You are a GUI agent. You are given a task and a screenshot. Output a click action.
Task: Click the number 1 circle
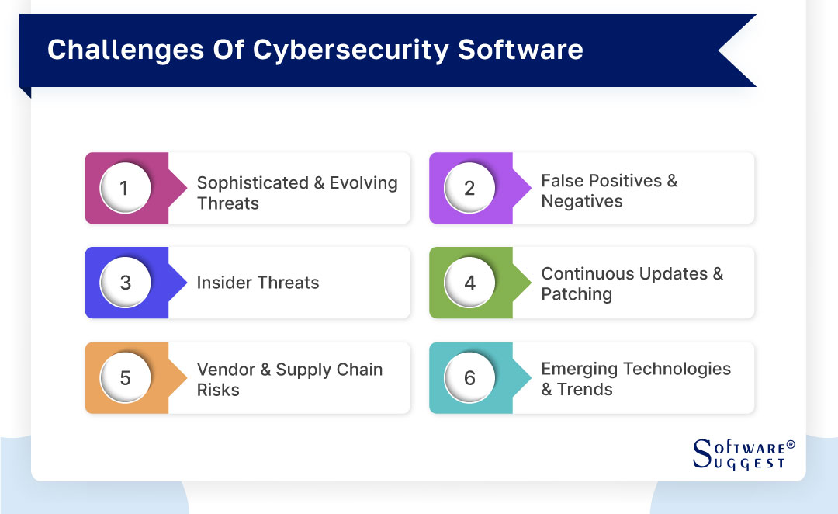click(125, 188)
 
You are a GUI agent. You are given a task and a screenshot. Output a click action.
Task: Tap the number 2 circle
click(469, 188)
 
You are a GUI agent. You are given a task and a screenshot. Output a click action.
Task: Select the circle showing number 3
click(125, 283)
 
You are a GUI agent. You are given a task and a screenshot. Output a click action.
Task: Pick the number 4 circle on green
click(469, 283)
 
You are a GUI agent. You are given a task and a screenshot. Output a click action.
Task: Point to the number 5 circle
click(125, 378)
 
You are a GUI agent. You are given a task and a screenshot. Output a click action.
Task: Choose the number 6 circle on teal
click(469, 378)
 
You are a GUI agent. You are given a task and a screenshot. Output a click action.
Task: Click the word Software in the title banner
click(520, 50)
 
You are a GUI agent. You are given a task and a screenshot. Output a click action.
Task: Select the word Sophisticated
click(252, 183)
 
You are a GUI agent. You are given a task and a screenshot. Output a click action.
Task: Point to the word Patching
click(577, 294)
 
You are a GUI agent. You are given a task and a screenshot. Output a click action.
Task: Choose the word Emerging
click(582, 369)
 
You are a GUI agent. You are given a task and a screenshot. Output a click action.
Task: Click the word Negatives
click(582, 201)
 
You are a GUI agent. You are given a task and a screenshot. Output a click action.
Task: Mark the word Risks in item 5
click(218, 390)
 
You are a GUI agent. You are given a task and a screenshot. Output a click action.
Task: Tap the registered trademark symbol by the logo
click(791, 445)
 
